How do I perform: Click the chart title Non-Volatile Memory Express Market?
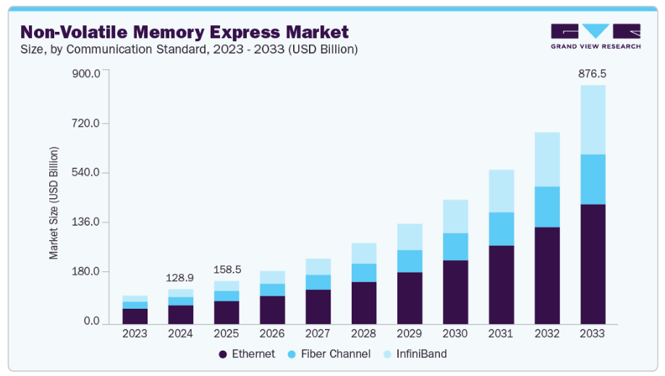coord(185,32)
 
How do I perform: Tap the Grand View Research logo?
coord(595,36)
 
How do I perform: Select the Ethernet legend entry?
coord(247,354)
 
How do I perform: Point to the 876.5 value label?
coord(592,74)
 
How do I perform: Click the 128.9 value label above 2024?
coord(180,278)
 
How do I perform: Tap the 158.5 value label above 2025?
coord(226,270)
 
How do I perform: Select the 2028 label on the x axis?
coord(363,333)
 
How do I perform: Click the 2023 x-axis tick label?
coord(135,333)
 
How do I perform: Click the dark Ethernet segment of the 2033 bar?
coord(593,264)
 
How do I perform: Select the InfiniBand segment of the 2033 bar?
coord(593,119)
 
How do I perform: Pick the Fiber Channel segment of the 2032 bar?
coord(547,207)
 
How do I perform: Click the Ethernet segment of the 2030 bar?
coord(455,291)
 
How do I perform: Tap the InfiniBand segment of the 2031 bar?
coord(501,191)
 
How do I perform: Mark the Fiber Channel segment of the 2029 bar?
coord(410,261)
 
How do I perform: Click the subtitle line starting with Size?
coord(189,49)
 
